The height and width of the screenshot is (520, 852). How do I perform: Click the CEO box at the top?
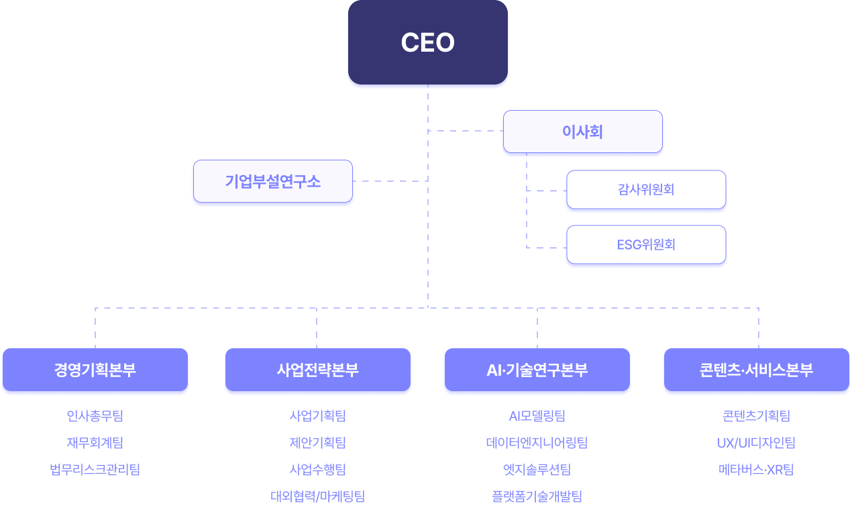tap(427, 42)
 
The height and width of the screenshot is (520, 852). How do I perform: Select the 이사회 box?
tap(582, 132)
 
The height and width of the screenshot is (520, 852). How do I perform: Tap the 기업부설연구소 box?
tap(272, 181)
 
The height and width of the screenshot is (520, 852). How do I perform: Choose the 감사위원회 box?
tap(646, 189)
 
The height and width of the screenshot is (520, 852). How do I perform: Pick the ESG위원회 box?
tap(646, 244)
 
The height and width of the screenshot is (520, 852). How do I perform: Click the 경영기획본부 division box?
tap(95, 370)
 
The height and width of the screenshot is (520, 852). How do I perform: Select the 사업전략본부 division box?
tap(317, 370)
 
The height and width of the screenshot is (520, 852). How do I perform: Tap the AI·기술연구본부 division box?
tap(537, 370)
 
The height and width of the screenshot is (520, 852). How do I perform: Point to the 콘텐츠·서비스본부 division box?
tap(756, 370)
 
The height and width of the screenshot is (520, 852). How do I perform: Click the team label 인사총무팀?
tap(95, 416)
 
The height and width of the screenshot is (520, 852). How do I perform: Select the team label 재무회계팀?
tap(95, 443)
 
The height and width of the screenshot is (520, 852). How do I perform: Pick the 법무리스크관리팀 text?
tap(95, 470)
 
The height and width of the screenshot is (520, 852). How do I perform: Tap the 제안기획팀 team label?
tap(317, 443)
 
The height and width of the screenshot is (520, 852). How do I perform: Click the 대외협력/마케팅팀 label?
tap(317, 497)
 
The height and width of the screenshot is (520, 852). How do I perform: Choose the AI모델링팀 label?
tap(537, 416)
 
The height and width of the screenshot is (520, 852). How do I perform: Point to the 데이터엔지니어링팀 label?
tap(537, 443)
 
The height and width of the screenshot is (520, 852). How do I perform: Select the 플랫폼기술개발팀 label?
tap(537, 497)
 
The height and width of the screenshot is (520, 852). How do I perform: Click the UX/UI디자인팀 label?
tap(756, 443)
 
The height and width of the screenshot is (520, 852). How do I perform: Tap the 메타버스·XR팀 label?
tap(756, 470)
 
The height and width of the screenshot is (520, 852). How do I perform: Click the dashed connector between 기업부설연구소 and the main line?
tap(390, 181)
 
